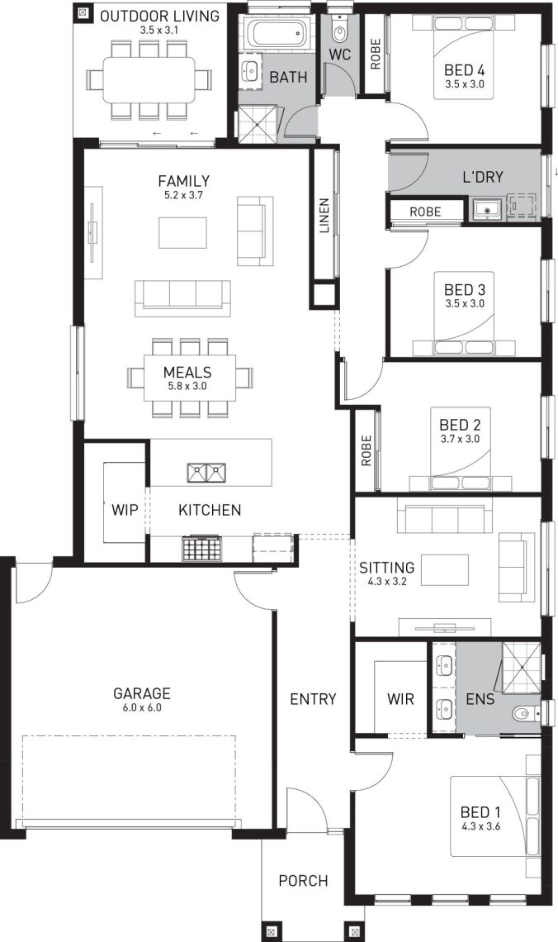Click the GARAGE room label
point(142,693)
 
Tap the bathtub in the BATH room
point(277,33)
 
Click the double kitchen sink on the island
point(206,473)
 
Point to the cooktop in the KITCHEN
point(202,548)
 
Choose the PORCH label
point(303,881)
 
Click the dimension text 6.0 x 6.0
point(142,707)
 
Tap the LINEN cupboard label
point(324,215)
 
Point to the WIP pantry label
point(125,510)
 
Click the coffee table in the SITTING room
point(445,569)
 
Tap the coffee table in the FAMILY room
point(182,232)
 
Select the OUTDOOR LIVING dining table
point(149,79)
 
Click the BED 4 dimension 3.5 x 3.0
point(465,84)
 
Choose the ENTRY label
point(313,699)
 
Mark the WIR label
point(400,699)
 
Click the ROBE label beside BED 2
point(366,450)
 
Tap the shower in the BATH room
point(260,124)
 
